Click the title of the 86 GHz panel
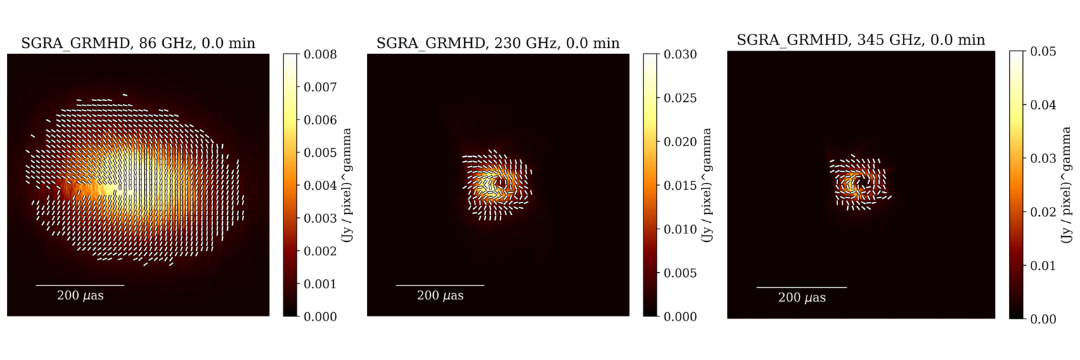point(138,44)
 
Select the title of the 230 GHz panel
point(498,44)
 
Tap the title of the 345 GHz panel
point(861,40)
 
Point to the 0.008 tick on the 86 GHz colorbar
point(321,54)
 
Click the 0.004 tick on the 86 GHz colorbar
point(321,186)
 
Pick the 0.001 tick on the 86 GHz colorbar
point(321,283)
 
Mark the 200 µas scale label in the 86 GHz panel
point(80,295)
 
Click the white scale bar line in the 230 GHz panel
point(440,285)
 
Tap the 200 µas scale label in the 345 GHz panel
point(802,298)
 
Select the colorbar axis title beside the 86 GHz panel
point(347,186)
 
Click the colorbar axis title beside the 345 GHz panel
point(1067,185)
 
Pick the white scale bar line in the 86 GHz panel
point(80,285)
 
